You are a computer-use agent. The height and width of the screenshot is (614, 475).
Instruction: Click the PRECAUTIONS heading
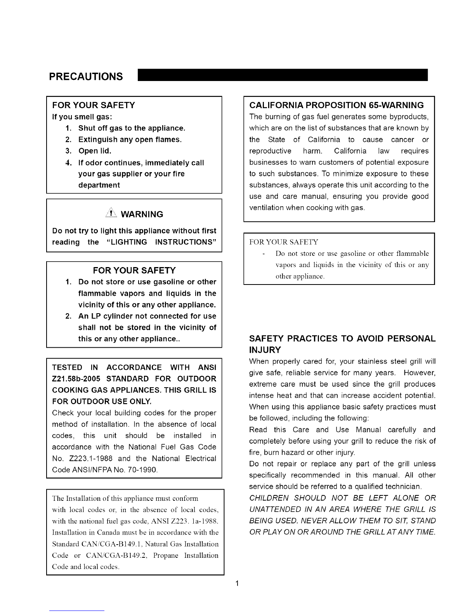(86, 76)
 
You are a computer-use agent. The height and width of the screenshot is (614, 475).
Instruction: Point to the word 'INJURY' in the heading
(265, 350)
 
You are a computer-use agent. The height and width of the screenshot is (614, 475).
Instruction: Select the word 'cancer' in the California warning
(402, 140)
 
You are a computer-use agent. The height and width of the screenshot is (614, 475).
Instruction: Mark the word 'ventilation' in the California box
(267, 208)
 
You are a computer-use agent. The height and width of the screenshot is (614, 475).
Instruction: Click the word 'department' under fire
(99, 185)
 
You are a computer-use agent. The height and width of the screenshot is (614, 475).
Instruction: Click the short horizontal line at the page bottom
(77, 611)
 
